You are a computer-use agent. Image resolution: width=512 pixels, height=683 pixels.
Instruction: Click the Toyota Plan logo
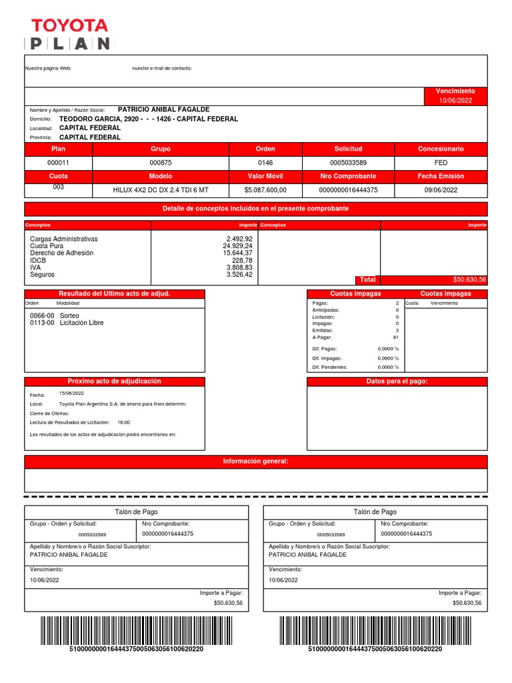(69, 35)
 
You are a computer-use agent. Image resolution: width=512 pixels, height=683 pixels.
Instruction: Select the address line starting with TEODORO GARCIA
(148, 119)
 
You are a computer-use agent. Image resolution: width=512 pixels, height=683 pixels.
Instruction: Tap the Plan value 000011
(58, 163)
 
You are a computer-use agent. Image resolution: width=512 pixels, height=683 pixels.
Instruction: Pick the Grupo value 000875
(160, 163)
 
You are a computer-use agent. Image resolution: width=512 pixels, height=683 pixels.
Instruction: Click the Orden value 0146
(265, 163)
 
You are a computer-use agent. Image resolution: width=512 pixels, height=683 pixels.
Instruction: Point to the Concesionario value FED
(441, 163)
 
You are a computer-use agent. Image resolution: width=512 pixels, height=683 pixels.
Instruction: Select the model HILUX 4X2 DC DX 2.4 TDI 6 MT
(161, 190)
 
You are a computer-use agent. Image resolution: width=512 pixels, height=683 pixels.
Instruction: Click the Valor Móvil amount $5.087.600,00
(265, 190)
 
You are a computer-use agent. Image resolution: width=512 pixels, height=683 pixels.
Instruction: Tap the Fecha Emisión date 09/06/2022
(441, 190)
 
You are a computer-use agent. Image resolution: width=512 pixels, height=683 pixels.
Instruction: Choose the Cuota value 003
(58, 187)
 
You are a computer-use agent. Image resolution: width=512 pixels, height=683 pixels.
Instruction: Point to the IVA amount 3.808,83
(239, 267)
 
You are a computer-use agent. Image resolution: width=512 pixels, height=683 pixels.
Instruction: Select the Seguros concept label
(42, 275)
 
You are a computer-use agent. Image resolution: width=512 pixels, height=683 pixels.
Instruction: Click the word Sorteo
(69, 315)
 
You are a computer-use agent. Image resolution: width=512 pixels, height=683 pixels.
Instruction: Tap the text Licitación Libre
(82, 323)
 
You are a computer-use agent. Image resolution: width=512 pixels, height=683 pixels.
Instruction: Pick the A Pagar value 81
(396, 337)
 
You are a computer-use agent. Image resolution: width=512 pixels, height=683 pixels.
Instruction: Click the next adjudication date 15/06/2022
(71, 394)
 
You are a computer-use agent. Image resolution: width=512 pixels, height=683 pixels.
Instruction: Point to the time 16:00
(124, 422)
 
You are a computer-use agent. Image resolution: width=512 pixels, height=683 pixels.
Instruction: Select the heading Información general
(256, 462)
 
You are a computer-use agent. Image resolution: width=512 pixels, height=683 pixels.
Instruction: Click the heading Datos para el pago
(397, 382)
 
